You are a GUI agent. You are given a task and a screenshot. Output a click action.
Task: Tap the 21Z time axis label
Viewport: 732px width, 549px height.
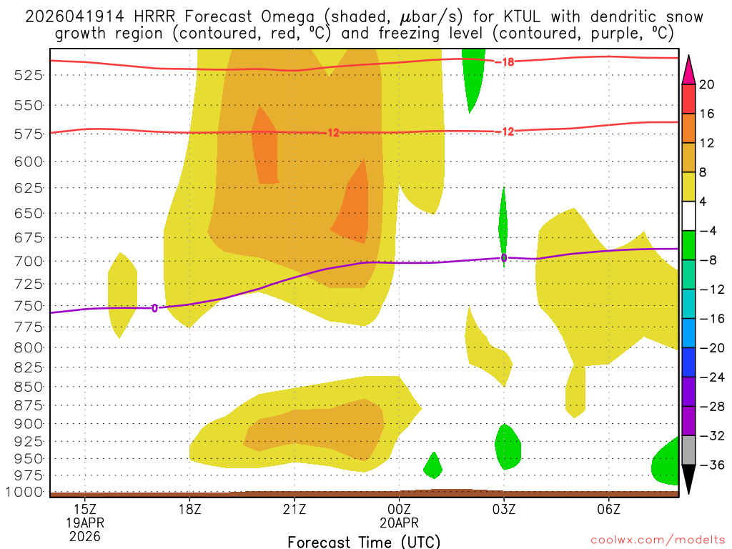tap(295, 509)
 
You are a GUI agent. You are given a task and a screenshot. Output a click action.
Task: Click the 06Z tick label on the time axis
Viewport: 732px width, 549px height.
tap(608, 509)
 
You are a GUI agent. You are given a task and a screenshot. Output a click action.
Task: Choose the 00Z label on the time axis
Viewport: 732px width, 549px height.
tap(399, 509)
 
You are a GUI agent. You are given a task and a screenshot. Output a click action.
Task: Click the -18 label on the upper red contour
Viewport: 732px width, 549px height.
tap(505, 62)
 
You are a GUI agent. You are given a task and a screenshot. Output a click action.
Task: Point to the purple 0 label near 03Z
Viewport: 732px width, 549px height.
tap(504, 258)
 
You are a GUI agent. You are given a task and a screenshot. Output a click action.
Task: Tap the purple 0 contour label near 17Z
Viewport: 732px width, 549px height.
tap(154, 308)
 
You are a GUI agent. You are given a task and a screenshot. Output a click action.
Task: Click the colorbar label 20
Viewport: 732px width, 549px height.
tap(707, 84)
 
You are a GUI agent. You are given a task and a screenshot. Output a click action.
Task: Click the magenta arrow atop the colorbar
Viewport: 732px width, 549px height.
tap(688, 69)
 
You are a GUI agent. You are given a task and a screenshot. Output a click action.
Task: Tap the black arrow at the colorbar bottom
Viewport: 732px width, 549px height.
tap(688, 480)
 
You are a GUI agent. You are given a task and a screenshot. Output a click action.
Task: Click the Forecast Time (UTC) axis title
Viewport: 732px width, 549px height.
tap(364, 541)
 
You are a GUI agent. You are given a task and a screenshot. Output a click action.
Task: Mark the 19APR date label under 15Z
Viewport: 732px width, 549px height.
tap(85, 523)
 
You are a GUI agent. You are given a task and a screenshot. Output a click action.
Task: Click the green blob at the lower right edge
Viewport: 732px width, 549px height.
tap(666, 463)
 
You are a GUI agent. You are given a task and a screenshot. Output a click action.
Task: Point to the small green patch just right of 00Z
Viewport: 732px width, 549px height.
tap(432, 466)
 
